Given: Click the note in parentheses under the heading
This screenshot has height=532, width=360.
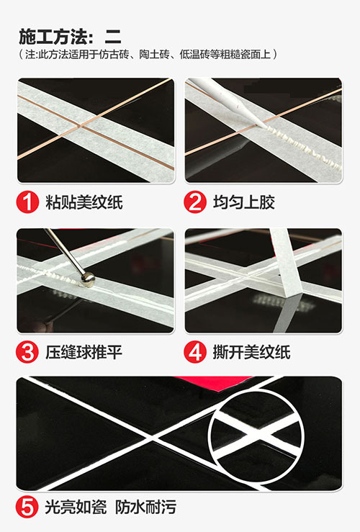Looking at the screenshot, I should click(x=148, y=55).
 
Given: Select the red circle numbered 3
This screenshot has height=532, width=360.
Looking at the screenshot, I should click(x=27, y=353).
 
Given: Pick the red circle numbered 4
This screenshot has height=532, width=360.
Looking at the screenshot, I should click(x=195, y=353).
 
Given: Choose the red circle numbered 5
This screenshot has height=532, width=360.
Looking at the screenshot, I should click(x=27, y=508).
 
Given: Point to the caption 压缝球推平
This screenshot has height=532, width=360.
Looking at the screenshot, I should click(x=84, y=353).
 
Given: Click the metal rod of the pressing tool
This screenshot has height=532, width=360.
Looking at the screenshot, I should click(x=63, y=251).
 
